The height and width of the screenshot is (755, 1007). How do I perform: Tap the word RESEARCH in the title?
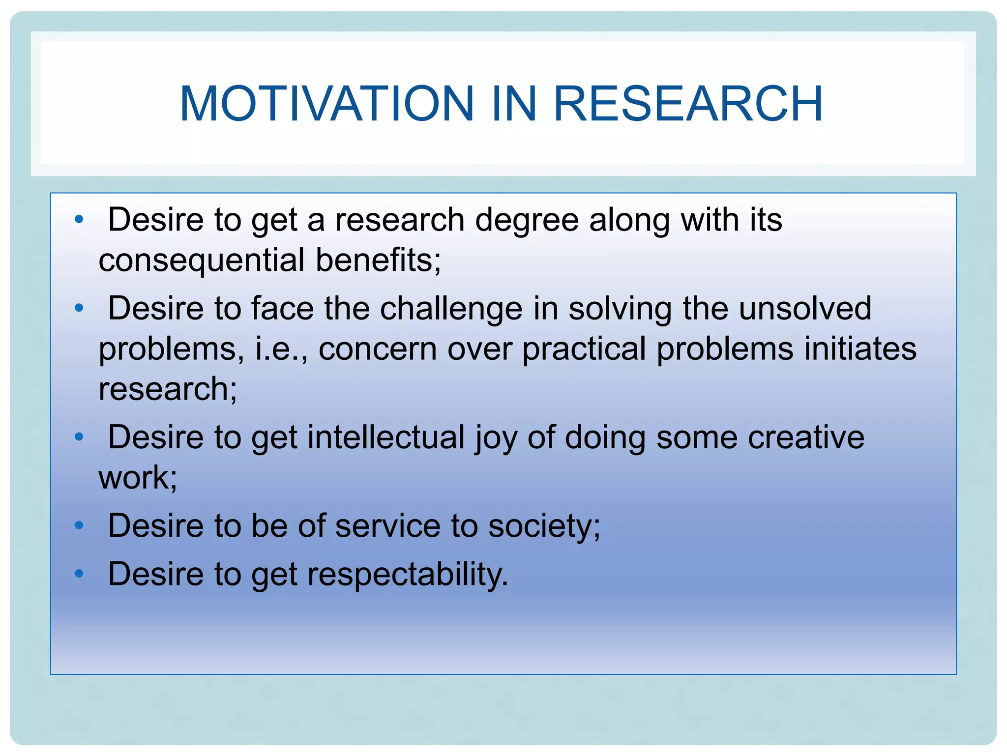[688, 104]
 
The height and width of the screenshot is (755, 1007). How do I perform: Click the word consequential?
[201, 260]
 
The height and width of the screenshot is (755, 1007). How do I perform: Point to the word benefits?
[378, 260]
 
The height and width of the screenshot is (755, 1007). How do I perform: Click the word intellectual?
[386, 437]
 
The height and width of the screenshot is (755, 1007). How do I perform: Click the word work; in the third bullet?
[138, 478]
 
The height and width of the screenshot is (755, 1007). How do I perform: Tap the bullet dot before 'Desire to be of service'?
[79, 525]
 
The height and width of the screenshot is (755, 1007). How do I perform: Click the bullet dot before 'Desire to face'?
[79, 308]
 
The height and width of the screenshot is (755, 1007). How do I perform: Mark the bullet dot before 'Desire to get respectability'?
[79, 573]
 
